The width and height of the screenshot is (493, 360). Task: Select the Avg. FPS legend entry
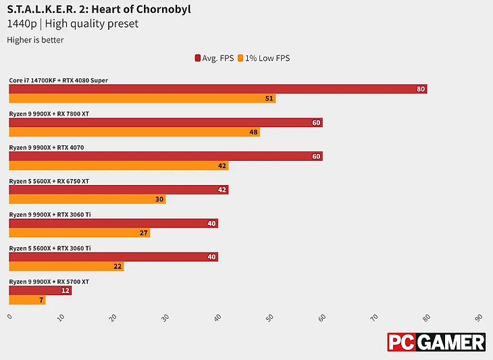tap(214, 58)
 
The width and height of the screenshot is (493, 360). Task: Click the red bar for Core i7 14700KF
tap(217, 89)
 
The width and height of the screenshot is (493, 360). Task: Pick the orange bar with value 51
tap(142, 99)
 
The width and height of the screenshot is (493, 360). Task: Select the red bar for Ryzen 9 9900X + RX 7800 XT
tap(165, 122)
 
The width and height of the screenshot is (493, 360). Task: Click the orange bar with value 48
tap(134, 132)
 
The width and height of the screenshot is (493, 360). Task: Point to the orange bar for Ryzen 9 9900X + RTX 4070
tap(119, 165)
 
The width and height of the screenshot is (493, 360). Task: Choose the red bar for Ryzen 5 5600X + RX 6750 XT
tap(119, 190)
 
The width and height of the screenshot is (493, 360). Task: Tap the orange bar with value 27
tap(80, 233)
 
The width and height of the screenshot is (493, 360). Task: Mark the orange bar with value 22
tap(66, 266)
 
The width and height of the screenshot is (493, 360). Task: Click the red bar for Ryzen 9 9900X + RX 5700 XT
tap(40, 290)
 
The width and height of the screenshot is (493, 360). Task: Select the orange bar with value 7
tap(27, 300)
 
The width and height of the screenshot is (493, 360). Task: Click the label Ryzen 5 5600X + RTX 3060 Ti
tap(50, 248)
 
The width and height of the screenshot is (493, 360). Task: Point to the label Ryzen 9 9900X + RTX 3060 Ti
tap(50, 214)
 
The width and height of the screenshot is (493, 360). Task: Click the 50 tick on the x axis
tap(269, 317)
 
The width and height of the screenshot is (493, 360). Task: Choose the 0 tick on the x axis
tap(9, 317)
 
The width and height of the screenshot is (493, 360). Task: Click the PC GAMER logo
tap(436, 342)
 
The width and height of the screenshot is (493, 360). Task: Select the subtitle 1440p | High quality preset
tap(72, 24)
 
